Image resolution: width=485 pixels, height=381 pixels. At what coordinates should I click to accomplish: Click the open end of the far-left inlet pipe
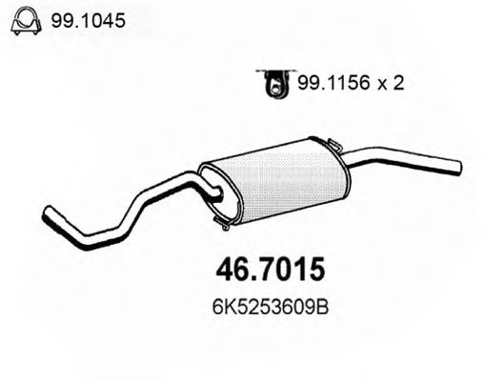(48, 214)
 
